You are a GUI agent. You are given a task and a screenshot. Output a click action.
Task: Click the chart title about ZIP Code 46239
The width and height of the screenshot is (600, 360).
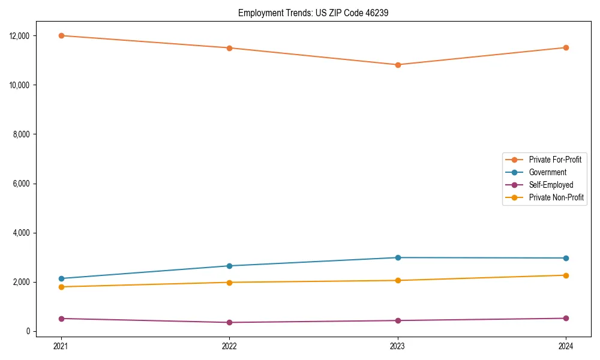tap(313, 13)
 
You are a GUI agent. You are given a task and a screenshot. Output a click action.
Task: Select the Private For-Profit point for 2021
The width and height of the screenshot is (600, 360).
tap(61, 35)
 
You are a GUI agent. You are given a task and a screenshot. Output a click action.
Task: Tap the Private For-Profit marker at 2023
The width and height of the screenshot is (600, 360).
tap(398, 65)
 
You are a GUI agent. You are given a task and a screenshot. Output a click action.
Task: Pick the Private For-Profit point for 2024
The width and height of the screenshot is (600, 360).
tap(566, 47)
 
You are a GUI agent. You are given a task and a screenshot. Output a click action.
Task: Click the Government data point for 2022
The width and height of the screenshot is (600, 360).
tap(229, 266)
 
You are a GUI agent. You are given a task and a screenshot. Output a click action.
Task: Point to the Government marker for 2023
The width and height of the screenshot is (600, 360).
tap(398, 257)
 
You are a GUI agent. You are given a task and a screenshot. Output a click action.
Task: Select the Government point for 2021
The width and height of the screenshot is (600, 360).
tap(61, 278)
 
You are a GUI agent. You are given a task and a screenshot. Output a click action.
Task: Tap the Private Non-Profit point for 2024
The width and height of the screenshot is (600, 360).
tap(566, 275)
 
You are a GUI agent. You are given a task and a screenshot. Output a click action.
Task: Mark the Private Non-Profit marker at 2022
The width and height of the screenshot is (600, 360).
tap(229, 282)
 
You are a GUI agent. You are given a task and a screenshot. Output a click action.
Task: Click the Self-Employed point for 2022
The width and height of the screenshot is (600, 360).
tap(229, 322)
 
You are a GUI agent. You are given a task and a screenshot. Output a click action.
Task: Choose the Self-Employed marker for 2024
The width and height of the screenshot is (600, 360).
tap(566, 318)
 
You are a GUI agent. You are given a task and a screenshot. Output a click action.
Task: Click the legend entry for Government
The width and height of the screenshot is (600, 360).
tap(547, 172)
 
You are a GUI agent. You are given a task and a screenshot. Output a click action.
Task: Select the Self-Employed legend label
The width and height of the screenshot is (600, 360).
tap(551, 185)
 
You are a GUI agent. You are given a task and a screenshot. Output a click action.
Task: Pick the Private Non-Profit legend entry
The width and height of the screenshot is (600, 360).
tap(556, 197)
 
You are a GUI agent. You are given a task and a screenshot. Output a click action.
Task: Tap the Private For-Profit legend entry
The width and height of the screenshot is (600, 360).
tap(555, 160)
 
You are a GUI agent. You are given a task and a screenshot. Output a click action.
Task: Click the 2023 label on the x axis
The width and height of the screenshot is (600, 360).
tap(398, 346)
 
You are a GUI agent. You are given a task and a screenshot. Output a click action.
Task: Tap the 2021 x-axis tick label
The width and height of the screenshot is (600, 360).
tap(61, 346)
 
